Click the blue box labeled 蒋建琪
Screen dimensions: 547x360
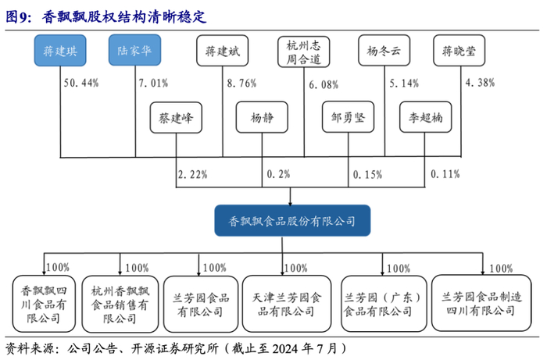point(59,51)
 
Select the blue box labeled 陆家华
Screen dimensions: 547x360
point(134,51)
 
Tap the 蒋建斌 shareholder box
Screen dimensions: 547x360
point(221,51)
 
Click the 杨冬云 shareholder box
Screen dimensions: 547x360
point(383,51)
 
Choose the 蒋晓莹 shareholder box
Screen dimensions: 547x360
point(459,51)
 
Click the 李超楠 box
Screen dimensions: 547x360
point(426,119)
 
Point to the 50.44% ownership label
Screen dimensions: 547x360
point(82,82)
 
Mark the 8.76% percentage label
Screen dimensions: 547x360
point(241,82)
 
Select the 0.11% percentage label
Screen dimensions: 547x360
point(445,174)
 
